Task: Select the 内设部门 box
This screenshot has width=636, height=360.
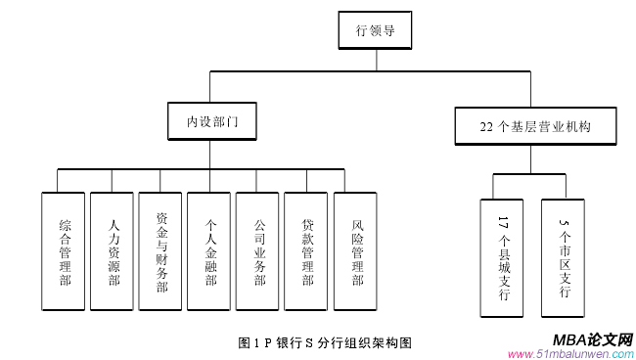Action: coord(212,124)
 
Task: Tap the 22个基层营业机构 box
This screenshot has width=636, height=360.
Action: coord(535,126)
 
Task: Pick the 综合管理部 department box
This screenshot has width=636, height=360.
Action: coord(65,251)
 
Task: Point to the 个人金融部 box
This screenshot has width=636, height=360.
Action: coord(210,251)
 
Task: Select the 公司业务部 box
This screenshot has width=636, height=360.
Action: coord(259,251)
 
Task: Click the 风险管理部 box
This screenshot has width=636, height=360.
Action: coord(356,251)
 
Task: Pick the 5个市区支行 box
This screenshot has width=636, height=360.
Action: coord(563,257)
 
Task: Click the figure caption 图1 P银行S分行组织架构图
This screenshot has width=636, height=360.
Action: coord(324,342)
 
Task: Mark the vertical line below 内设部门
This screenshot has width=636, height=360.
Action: coord(212,157)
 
